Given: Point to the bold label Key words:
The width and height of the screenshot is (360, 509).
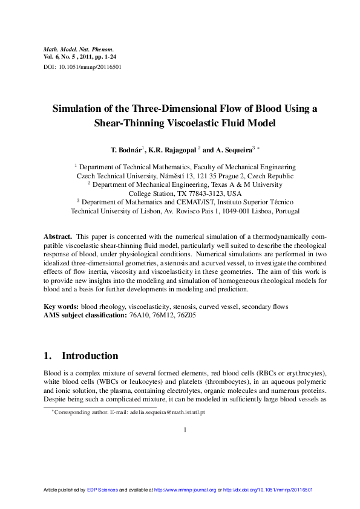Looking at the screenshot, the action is tap(62, 306).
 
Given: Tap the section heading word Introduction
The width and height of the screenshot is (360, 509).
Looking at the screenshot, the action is tap(90, 355).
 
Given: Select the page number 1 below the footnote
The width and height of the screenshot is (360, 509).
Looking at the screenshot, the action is tap(185, 430).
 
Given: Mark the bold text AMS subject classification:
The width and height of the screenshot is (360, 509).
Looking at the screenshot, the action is tap(85, 315).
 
